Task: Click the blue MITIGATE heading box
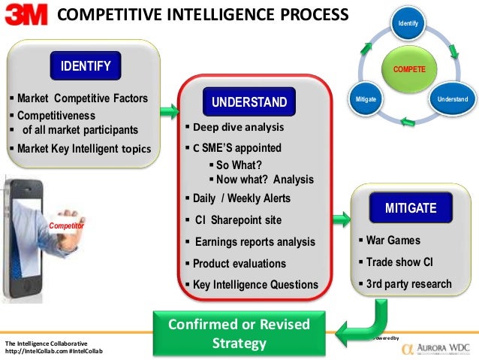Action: click(410, 207)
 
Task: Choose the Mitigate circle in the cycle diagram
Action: click(366, 99)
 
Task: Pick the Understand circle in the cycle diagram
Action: click(453, 99)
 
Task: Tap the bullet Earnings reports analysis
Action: click(255, 242)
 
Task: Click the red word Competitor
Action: click(66, 225)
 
